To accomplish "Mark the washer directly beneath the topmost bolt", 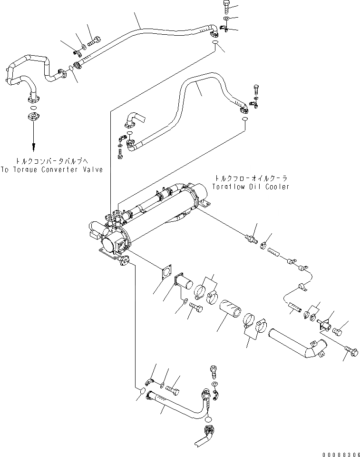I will tap(226, 19).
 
